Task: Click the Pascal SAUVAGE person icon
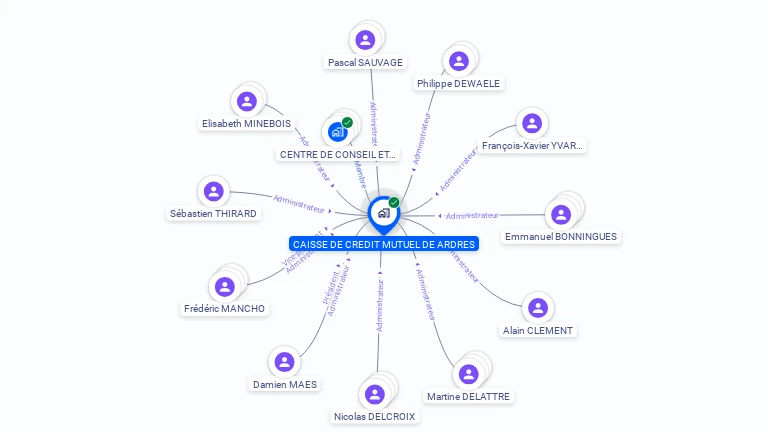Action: (365, 40)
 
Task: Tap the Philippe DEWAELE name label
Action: (458, 83)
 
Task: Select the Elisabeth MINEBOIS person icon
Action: (247, 102)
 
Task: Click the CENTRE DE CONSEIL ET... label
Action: (338, 154)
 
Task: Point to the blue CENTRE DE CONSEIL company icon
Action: (338, 131)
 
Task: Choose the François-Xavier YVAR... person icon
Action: (531, 124)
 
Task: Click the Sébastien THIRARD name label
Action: (213, 213)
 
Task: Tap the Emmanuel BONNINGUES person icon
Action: (560, 214)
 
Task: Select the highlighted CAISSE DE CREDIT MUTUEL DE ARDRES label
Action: (384, 244)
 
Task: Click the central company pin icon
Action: (383, 212)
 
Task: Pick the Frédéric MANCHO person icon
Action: (225, 287)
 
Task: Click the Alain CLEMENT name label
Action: (539, 330)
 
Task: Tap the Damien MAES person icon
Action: (285, 362)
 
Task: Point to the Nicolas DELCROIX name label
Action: (374, 416)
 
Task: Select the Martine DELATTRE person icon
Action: (468, 375)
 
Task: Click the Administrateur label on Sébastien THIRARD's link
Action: (300, 203)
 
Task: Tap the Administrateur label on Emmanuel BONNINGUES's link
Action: (472, 215)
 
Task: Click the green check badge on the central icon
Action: (394, 203)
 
